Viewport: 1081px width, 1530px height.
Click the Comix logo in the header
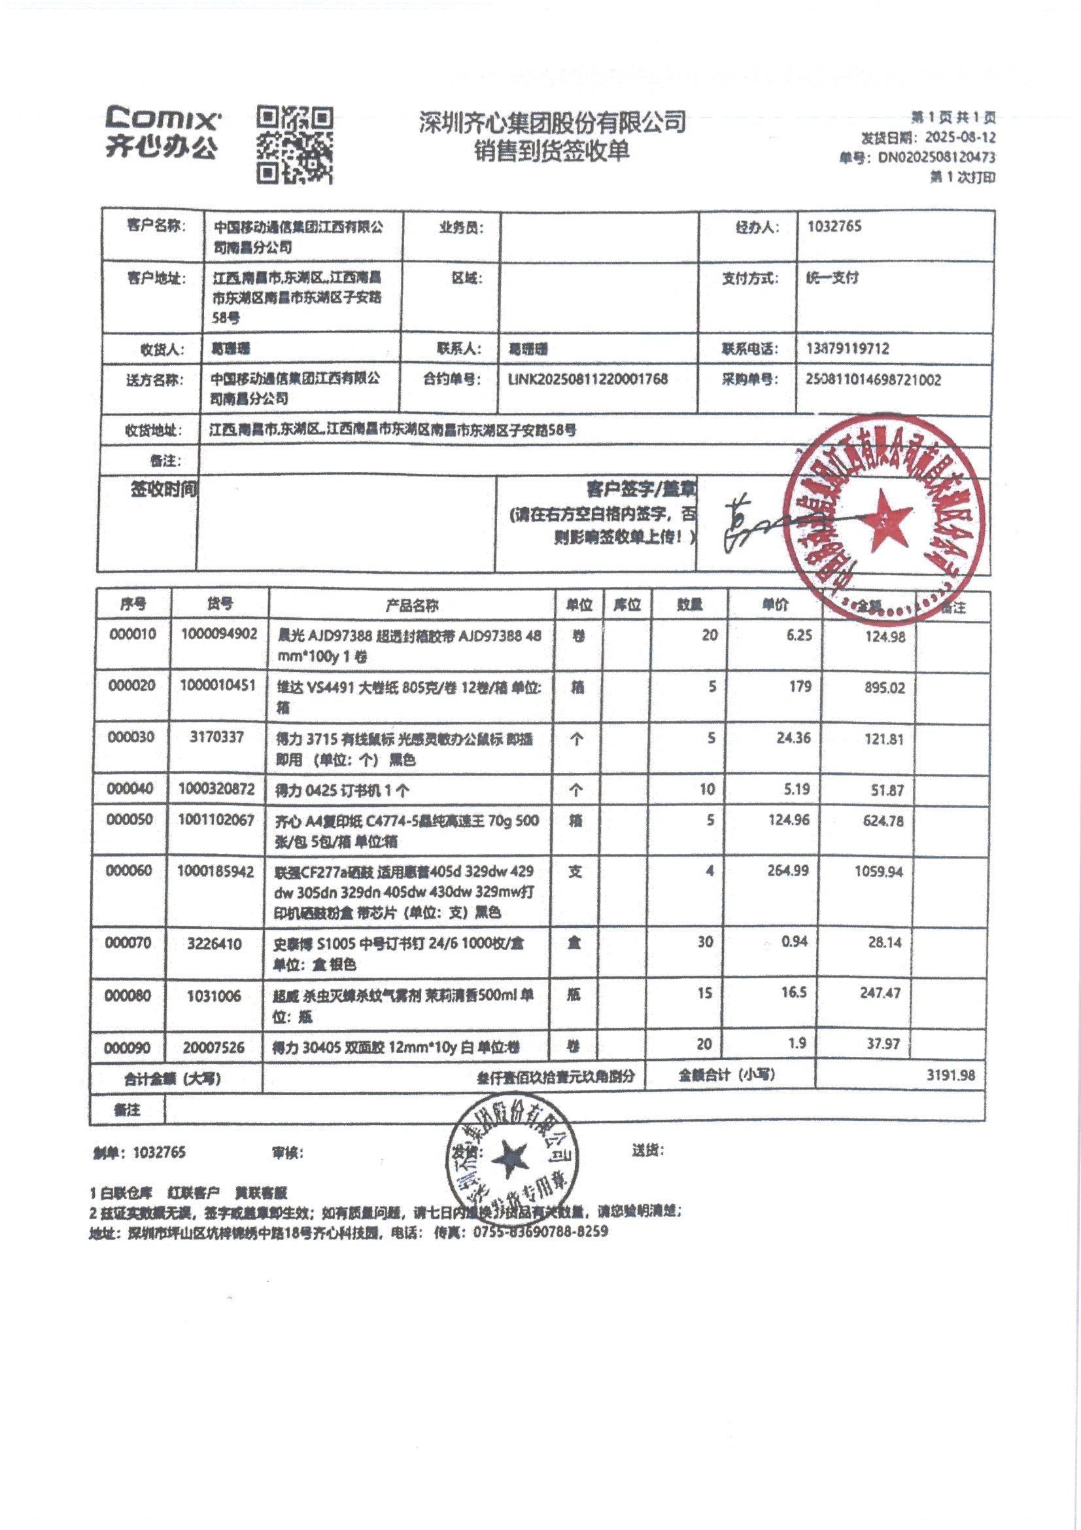tap(162, 133)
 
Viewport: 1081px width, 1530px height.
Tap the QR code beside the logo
tap(294, 145)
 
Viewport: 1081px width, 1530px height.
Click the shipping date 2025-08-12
tap(960, 137)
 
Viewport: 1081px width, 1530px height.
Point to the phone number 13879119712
tap(848, 349)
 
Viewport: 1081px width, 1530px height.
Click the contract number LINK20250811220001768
tap(587, 379)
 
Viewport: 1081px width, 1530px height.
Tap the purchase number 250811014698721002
tap(872, 380)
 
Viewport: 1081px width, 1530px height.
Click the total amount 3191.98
tap(950, 1075)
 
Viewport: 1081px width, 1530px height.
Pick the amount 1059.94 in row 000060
tap(878, 872)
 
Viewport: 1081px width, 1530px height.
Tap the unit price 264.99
tap(787, 871)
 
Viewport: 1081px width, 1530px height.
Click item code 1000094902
tap(219, 633)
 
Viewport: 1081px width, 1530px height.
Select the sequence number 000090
tap(127, 1048)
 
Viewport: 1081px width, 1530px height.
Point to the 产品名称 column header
tap(411, 605)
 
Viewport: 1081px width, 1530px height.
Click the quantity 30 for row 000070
tap(705, 942)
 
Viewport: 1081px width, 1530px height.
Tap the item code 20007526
tap(213, 1048)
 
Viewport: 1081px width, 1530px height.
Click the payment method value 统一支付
tap(832, 278)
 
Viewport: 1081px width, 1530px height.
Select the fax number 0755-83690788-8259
tap(540, 1232)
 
